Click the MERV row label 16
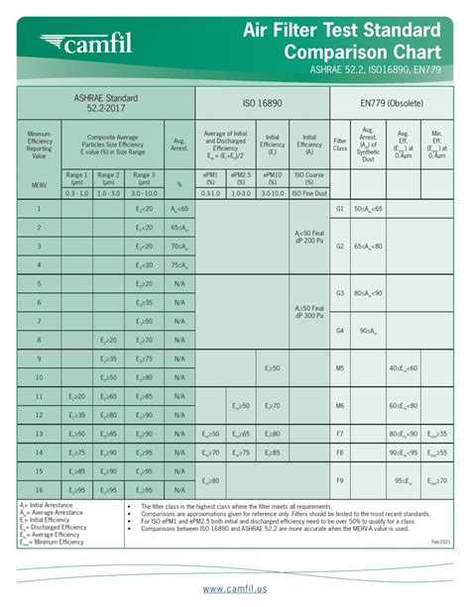point(39,490)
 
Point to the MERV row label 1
point(39,209)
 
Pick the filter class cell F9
point(340,480)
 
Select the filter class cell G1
point(340,209)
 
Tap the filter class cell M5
point(340,367)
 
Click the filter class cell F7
point(340,434)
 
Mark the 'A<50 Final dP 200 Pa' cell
point(309,236)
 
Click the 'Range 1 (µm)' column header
point(77,178)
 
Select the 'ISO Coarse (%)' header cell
point(309,178)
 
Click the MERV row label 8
point(39,340)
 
